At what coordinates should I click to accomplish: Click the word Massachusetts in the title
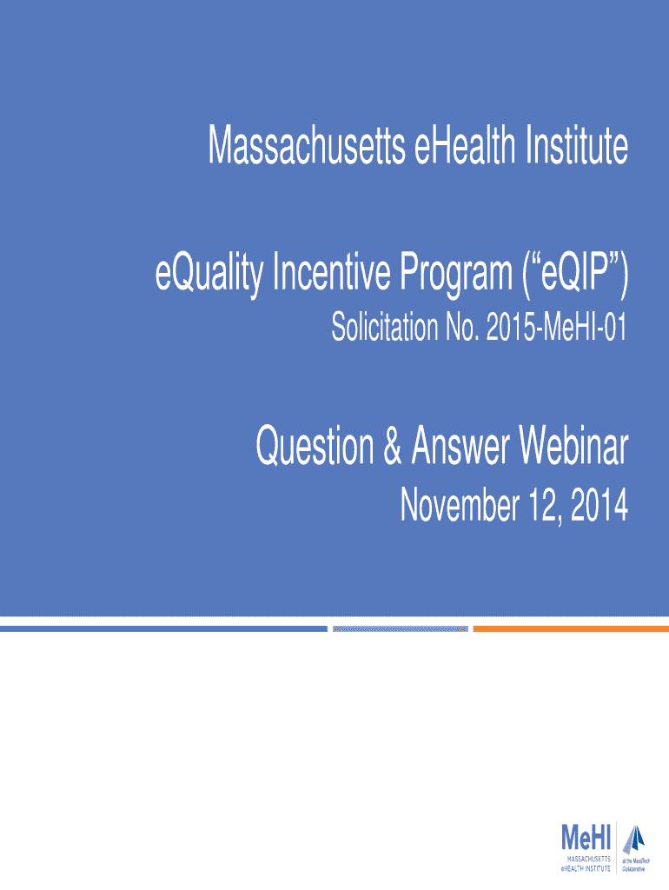307,145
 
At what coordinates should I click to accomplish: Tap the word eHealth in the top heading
466,145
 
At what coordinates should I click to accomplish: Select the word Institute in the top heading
577,145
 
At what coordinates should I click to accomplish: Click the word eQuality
209,274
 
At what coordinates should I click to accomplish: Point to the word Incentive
332,272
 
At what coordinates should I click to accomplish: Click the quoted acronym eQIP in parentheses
575,274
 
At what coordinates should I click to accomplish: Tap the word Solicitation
385,328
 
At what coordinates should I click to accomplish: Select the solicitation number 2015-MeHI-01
557,328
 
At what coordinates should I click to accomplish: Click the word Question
315,446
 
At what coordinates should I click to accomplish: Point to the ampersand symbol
393,446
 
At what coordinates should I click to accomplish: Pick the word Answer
460,446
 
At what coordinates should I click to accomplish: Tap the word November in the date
460,505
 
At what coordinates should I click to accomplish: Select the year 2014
599,506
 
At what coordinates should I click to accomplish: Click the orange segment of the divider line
571,629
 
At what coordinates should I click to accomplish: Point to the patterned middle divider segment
400,629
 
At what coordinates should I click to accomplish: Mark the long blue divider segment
163,629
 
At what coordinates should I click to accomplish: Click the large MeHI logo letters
586,838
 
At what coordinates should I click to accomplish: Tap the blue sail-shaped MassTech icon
634,840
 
